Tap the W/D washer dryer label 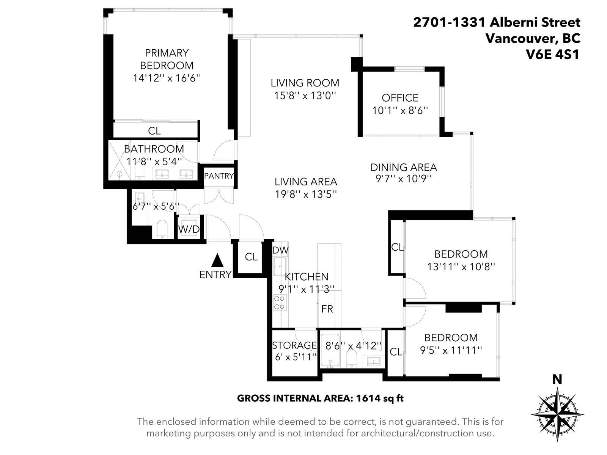189,229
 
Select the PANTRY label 219,176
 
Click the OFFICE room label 400,98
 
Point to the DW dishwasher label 280,250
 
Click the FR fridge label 327,309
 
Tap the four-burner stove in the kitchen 280,303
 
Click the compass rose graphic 558,415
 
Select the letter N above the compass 557,380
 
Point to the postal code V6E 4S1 552,55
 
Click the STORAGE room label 294,345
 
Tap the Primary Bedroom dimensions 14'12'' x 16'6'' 167,78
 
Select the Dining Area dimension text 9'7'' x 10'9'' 404,179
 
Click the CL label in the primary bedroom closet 154,131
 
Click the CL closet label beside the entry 251,257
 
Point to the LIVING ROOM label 305,83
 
